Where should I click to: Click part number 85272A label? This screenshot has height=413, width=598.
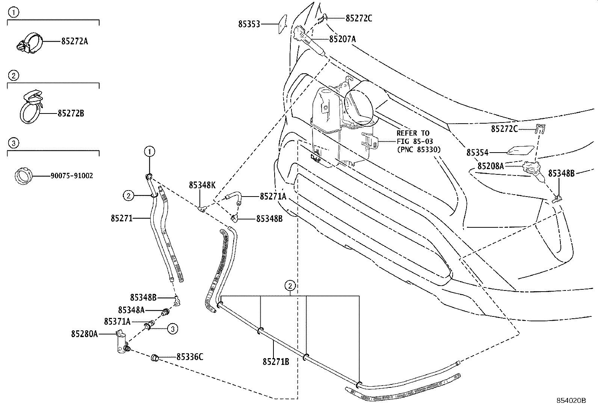point(74,41)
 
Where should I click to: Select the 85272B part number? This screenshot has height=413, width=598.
point(71,113)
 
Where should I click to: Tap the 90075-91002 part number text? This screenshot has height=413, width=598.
point(72,175)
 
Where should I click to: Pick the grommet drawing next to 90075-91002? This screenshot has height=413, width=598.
point(23,175)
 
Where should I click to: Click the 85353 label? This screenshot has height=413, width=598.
point(249,24)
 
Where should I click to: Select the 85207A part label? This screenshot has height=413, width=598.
point(343,39)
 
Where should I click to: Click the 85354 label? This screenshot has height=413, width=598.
point(477,153)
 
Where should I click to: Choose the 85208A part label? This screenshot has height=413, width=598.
point(491,166)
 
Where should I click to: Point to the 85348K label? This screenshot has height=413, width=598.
point(202,185)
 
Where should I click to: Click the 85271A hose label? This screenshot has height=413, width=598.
point(273,196)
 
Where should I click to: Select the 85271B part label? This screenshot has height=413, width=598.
point(276,362)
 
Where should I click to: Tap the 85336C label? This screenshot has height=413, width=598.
point(190,357)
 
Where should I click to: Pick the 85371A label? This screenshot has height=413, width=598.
point(117,322)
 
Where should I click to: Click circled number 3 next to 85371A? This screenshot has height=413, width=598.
point(172,329)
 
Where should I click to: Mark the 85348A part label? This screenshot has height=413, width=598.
point(131,310)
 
